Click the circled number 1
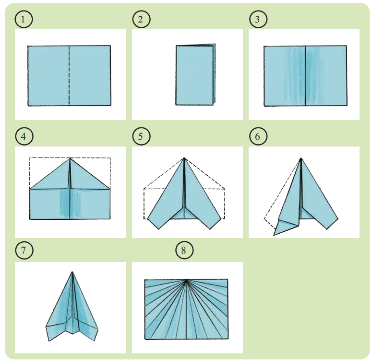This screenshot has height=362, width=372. point(24,19)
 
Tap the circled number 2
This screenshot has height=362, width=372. point(141,19)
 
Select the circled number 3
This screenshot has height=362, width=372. point(258,19)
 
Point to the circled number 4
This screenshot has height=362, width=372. point(24,136)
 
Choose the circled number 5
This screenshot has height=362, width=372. point(141,136)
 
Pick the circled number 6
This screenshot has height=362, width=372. point(258,136)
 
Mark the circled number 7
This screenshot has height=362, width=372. point(24,250)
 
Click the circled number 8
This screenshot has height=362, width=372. point(184,250)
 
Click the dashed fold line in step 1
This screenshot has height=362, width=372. point(69,75)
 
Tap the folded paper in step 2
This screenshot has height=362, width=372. point(195,75)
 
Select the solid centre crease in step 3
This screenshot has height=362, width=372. point(305,76)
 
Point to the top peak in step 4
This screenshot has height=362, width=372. point(70,158)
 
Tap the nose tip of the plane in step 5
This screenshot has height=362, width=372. point(184,158)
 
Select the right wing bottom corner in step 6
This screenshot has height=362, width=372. point(327,229)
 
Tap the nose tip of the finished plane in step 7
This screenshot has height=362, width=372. point(72,272)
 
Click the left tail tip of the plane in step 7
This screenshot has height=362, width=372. point(49,341)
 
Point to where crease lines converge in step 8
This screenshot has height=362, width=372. point(186,280)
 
